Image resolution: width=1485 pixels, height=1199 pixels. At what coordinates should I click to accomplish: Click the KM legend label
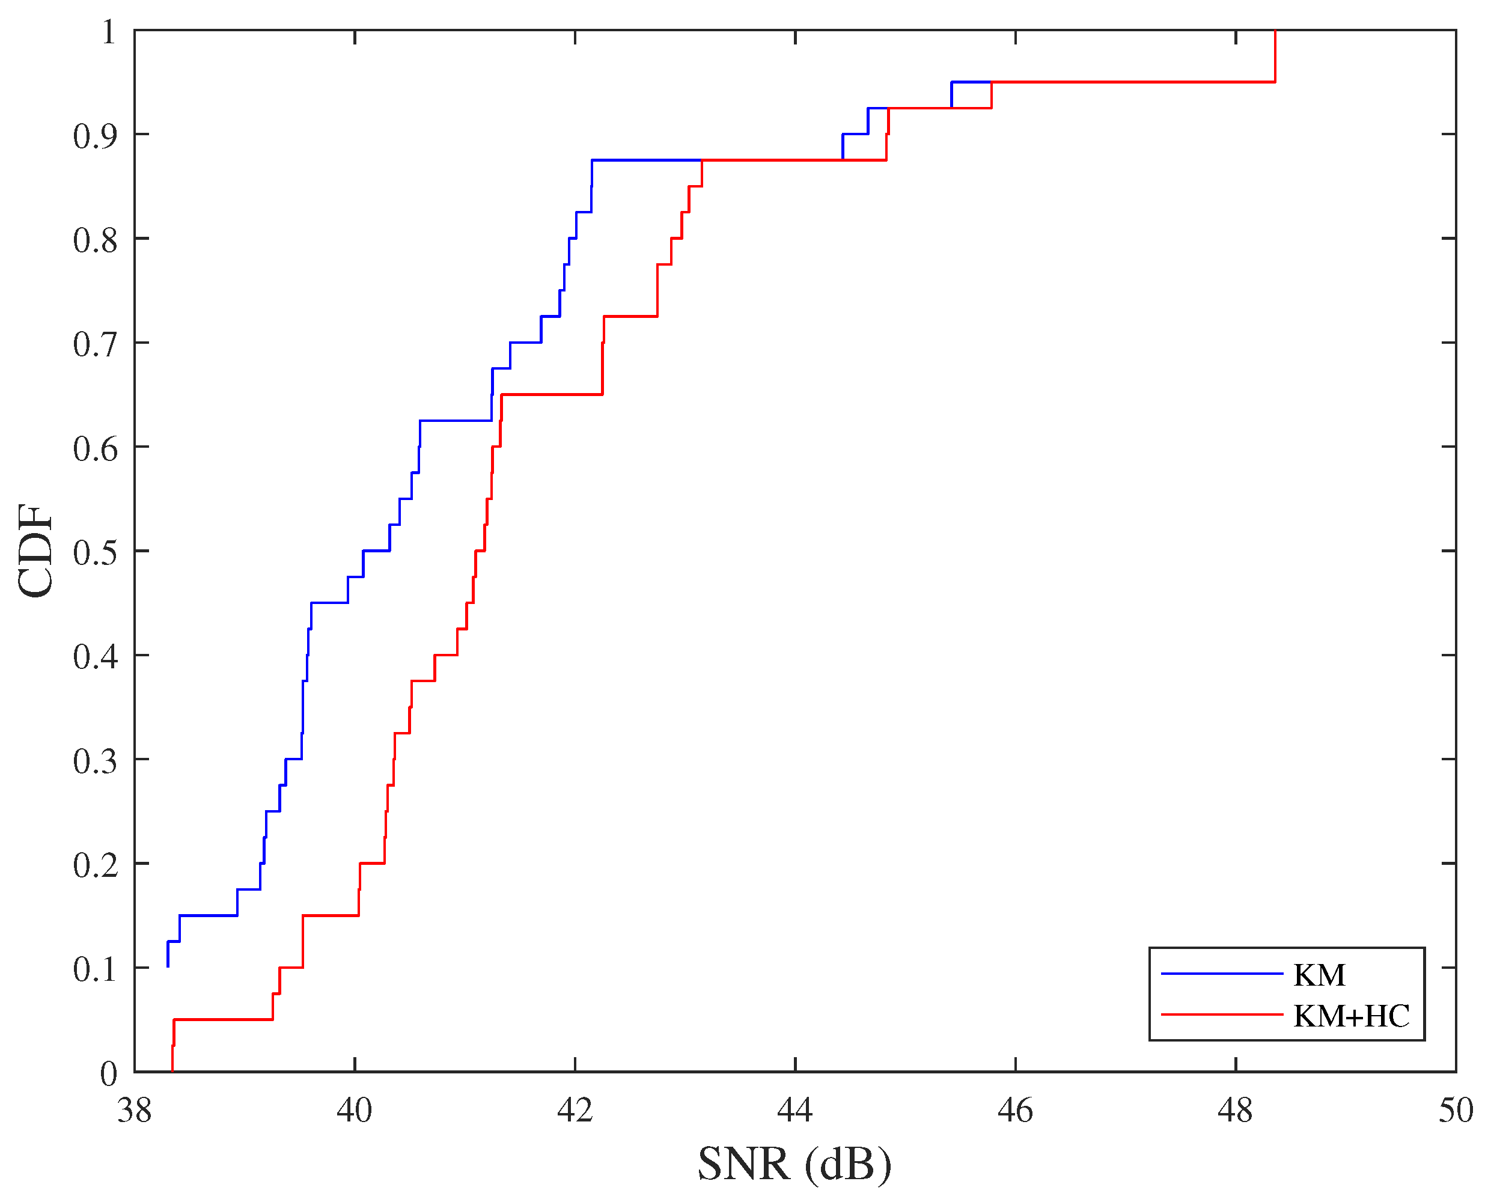(1319, 975)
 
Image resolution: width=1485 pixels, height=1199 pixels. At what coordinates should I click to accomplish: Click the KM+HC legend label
(1350, 1016)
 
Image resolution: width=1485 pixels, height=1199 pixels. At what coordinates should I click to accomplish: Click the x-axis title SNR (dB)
(794, 1164)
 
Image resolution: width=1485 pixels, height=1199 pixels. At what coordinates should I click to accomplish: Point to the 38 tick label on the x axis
(135, 1110)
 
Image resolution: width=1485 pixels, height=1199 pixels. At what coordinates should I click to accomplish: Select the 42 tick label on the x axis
(575, 1110)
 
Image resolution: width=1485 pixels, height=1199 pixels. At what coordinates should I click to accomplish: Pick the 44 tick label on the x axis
(795, 1110)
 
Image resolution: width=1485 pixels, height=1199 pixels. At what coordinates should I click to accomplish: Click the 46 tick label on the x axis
(1014, 1110)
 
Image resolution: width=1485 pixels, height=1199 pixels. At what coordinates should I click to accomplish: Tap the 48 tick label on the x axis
(1235, 1110)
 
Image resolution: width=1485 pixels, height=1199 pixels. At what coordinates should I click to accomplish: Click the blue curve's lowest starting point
(168, 966)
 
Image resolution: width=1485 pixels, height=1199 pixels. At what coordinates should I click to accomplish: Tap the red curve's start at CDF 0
(172, 1070)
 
